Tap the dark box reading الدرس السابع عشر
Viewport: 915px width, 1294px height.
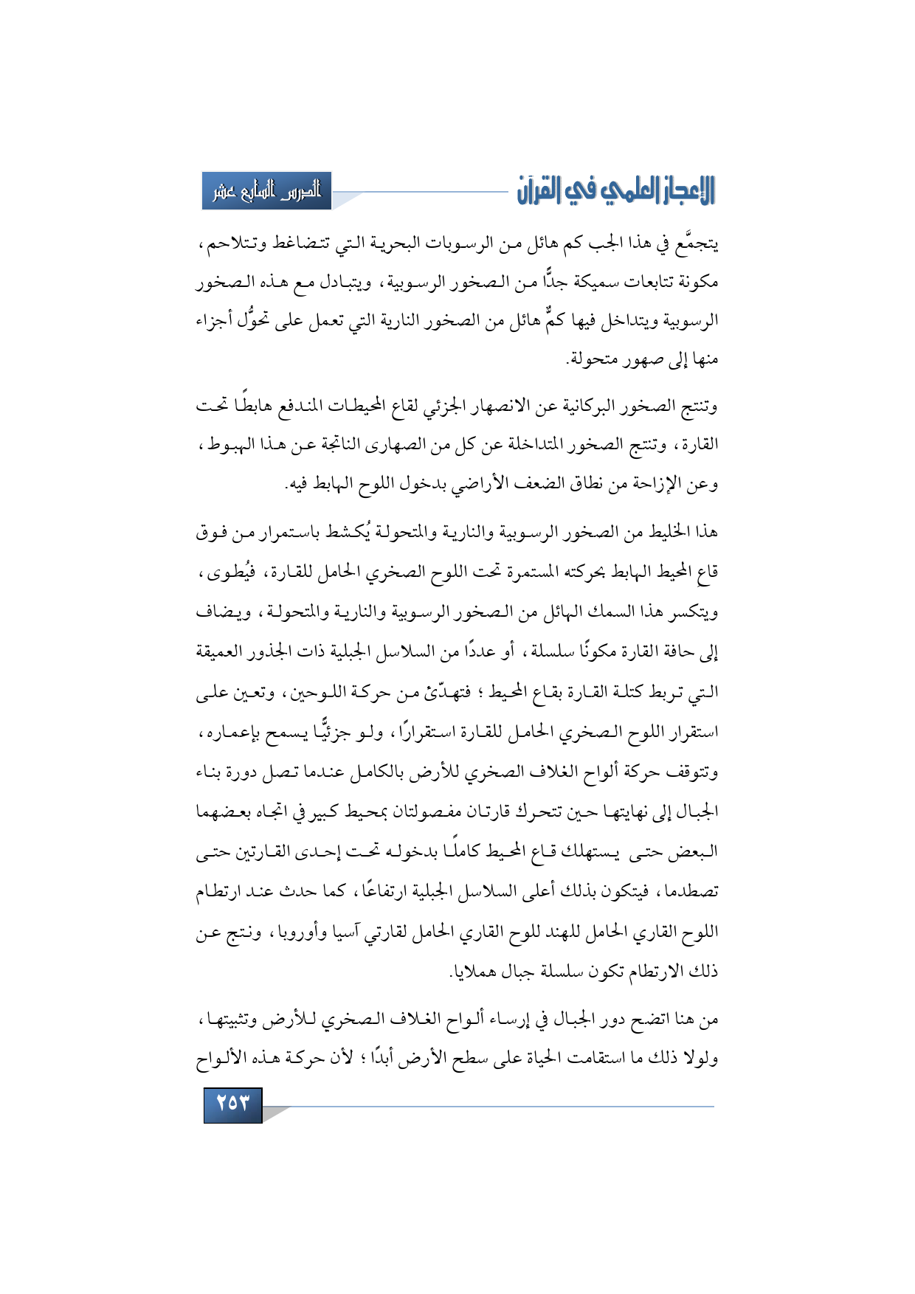point(266,191)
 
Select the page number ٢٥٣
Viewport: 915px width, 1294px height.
point(232,1104)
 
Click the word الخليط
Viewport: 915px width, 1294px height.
point(668,533)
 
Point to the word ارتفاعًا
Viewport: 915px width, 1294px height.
point(382,892)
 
